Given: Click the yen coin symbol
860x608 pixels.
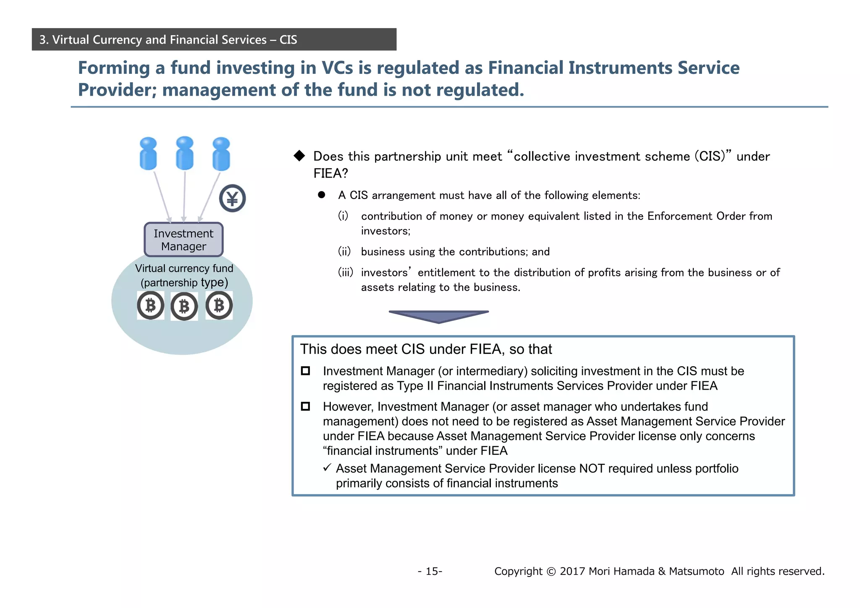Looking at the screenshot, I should click(x=232, y=198).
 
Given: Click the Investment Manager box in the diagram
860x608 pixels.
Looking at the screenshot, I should click(x=184, y=240).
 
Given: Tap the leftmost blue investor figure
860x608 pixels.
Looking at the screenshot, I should click(x=148, y=154).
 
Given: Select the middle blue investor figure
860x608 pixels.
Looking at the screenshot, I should click(x=185, y=153).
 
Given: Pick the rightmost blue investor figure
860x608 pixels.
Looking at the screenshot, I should click(x=221, y=154).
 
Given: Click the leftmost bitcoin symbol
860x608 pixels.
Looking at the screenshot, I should click(x=150, y=305).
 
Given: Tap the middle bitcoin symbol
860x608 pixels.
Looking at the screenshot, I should click(x=184, y=307).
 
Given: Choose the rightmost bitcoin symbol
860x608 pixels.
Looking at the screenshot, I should click(x=219, y=305).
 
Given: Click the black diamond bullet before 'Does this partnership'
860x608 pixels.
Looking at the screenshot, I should click(x=299, y=156).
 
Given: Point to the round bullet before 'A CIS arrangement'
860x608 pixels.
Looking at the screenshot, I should click(x=322, y=195).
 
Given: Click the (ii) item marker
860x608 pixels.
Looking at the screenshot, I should click(x=344, y=252).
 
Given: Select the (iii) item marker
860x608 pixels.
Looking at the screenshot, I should click(x=346, y=273).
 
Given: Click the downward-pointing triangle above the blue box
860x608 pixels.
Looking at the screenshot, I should click(x=438, y=316).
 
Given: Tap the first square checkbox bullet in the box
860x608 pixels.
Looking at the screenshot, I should click(x=305, y=371).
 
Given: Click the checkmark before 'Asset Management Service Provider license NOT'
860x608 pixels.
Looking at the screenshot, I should click(x=327, y=468).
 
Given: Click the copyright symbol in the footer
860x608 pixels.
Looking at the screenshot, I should click(x=551, y=571).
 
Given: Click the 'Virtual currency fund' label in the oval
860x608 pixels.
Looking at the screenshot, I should click(x=184, y=268).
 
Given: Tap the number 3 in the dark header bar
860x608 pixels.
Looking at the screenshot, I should click(x=42, y=40).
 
